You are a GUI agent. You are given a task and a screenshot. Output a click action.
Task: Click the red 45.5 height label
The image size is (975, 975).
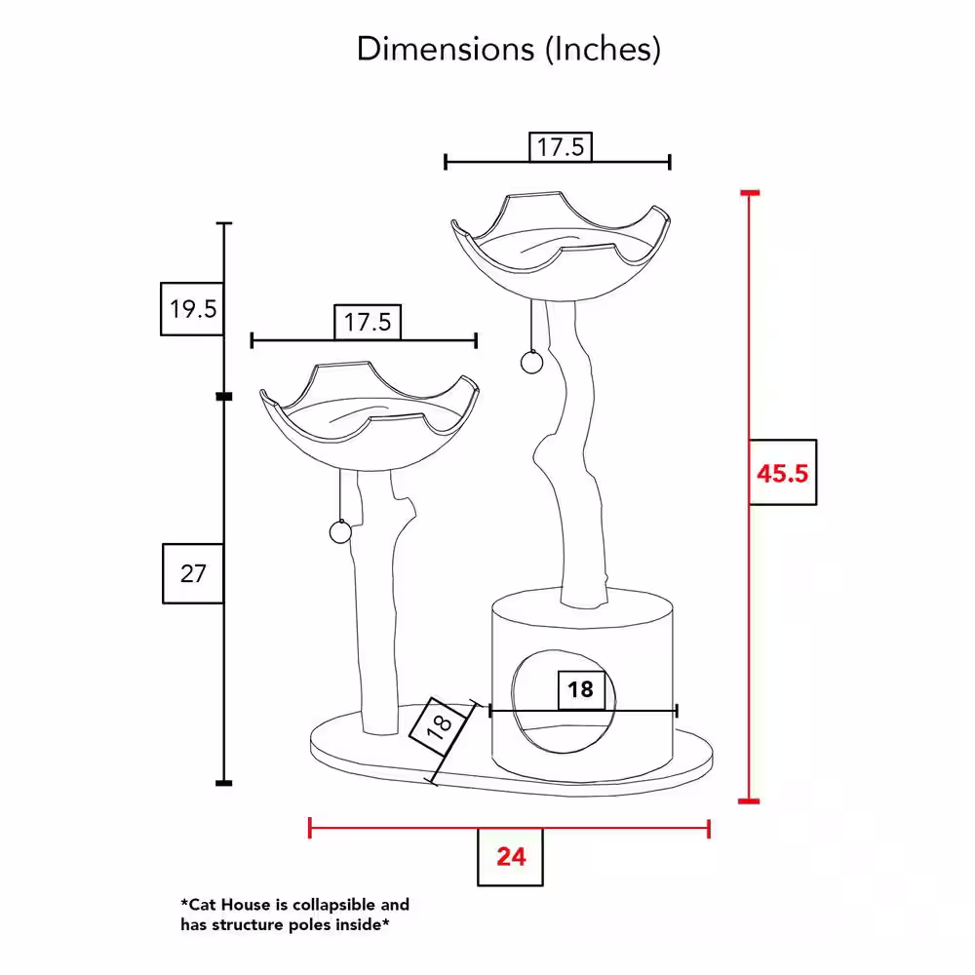(782, 473)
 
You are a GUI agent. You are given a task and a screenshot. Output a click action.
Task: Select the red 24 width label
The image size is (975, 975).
(511, 857)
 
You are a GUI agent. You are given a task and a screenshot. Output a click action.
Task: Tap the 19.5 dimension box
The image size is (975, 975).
(192, 309)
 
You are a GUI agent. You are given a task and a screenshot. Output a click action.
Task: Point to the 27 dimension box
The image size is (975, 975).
(193, 573)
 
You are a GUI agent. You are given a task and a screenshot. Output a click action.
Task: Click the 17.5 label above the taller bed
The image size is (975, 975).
(561, 147)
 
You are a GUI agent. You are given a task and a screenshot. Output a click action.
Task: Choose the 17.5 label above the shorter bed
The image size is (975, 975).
(368, 322)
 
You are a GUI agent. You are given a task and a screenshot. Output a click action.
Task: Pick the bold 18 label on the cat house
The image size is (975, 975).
(581, 689)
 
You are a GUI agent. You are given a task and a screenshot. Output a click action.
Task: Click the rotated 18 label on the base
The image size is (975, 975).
(440, 725)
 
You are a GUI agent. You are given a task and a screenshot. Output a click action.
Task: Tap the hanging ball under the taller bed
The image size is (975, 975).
(531, 363)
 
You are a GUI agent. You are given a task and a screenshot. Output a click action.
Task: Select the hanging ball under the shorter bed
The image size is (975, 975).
(340, 532)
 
